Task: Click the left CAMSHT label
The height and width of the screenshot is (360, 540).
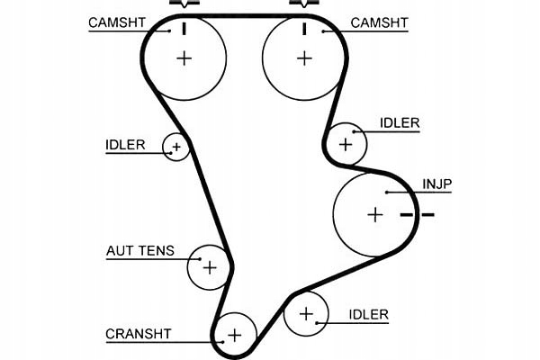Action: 117,22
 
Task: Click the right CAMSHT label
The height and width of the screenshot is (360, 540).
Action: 379,23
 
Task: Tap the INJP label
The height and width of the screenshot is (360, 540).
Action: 437,184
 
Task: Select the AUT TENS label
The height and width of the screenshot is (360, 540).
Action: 140,250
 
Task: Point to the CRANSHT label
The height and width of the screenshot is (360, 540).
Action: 139,334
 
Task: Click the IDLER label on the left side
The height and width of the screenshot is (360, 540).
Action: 125,145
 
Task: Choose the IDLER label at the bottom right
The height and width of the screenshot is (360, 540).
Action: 368,314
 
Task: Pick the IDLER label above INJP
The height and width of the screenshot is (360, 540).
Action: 400,123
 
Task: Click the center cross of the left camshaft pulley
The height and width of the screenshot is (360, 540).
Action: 184,58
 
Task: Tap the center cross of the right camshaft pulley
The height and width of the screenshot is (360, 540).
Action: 304,58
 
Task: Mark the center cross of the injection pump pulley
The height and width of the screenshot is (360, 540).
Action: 375,214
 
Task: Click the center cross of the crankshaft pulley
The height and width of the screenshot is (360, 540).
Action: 235,335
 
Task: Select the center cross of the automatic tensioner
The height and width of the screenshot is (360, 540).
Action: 210,267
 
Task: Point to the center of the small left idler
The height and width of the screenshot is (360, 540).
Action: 176,147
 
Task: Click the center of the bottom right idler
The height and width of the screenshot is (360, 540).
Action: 306,314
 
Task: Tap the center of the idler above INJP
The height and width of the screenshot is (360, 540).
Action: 346,144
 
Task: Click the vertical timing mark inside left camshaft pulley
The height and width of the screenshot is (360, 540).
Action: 184,29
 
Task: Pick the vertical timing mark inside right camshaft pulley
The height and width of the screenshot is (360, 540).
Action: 304,29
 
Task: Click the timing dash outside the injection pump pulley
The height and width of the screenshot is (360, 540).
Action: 428,215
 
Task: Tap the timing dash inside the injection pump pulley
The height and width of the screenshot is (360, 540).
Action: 407,215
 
